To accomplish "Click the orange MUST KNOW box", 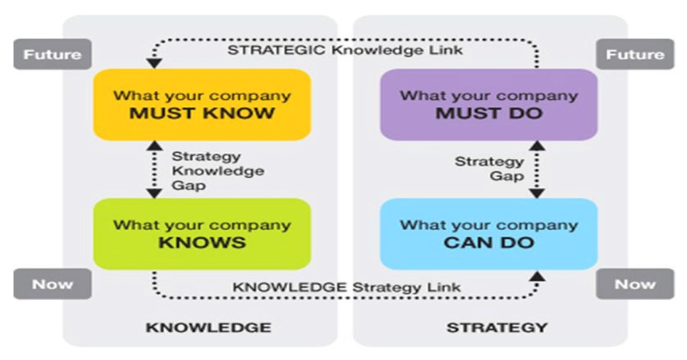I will click(201, 104).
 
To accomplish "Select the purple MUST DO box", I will click(488, 104).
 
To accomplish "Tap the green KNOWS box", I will click(201, 233).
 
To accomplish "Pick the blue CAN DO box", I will click(488, 233).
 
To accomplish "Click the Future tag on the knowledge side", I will click(52, 55).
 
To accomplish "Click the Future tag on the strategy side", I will click(635, 55).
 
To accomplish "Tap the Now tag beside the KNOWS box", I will click(52, 284).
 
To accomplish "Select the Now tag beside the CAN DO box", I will click(635, 284).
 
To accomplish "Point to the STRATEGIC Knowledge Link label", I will click(345, 49).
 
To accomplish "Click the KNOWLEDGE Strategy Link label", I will click(347, 286).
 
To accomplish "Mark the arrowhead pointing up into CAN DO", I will click(538, 277).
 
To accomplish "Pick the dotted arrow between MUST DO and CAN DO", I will click(538, 169).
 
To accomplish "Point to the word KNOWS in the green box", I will click(201, 242).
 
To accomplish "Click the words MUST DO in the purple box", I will click(488, 113).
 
